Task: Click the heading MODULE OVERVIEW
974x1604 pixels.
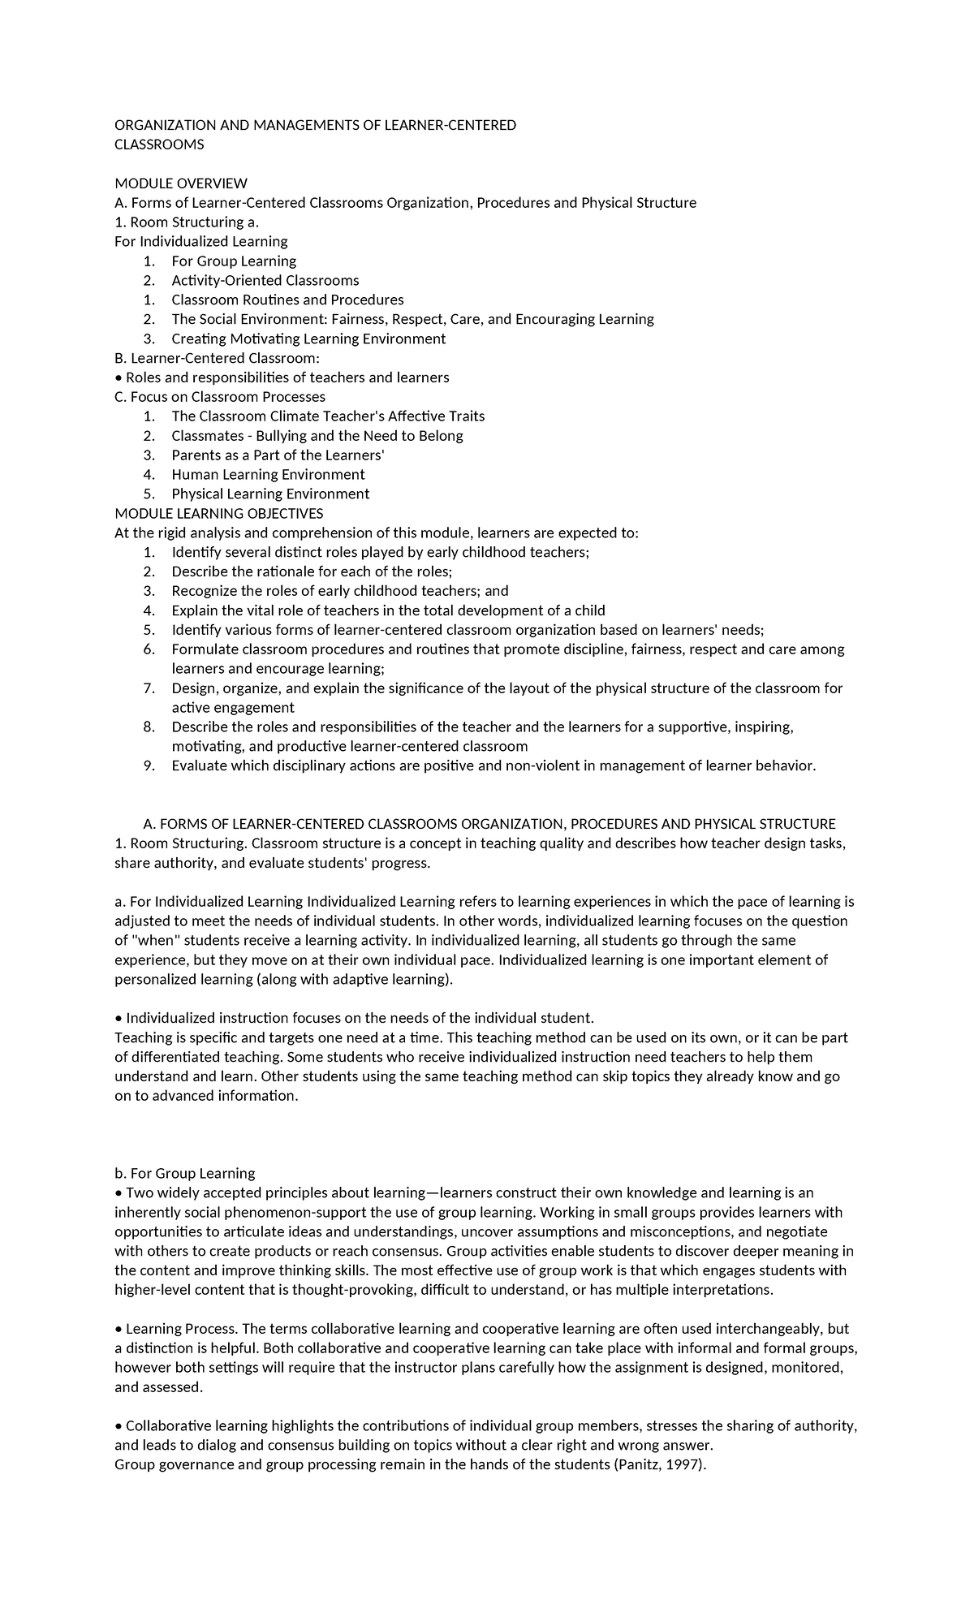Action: click(181, 183)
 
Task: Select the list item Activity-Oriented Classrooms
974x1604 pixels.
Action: click(265, 281)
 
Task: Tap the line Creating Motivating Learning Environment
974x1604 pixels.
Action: click(308, 339)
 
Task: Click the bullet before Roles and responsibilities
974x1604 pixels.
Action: click(119, 378)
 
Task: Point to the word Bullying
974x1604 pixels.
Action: click(287, 436)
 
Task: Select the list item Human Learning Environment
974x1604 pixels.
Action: click(268, 475)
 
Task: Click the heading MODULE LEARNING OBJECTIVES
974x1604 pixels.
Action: click(219, 514)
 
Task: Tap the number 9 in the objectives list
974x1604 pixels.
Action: click(148, 766)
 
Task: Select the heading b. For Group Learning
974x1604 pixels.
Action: click(185, 1174)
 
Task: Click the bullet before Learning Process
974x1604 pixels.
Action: click(119, 1330)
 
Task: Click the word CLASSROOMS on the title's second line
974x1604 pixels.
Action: click(159, 144)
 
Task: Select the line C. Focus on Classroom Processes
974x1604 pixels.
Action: click(220, 397)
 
